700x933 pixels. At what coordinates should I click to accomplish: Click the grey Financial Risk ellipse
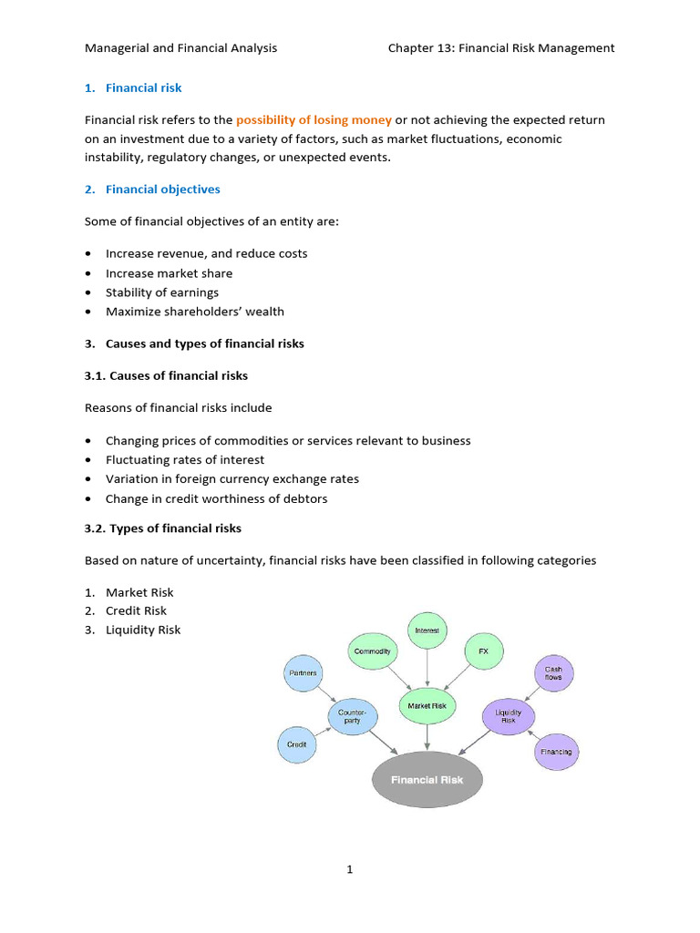click(427, 779)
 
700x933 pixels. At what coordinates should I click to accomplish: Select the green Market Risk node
click(426, 704)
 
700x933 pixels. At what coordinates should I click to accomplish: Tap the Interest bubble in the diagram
click(427, 631)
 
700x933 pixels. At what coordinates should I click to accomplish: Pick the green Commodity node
click(372, 651)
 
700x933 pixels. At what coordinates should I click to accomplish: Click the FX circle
click(483, 651)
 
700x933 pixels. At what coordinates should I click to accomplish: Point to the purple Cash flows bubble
click(554, 674)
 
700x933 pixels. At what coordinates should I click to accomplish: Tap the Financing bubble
click(555, 752)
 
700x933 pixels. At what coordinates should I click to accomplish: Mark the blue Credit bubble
click(296, 744)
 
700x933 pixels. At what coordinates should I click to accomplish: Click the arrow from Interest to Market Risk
click(427, 669)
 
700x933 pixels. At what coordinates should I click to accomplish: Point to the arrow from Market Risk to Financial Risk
click(427, 735)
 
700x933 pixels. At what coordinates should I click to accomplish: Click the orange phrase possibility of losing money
click(314, 120)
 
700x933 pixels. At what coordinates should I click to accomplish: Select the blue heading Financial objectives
click(162, 190)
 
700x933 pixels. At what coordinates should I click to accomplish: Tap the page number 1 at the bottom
click(349, 869)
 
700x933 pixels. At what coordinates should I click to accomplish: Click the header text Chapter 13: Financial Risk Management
click(501, 47)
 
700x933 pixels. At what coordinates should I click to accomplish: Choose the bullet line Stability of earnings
click(161, 292)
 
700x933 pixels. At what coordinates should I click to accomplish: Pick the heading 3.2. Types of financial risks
click(163, 528)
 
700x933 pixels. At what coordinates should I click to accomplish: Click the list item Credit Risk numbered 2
click(136, 610)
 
